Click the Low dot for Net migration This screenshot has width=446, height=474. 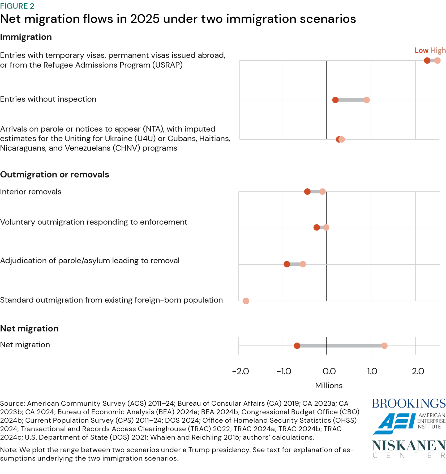click(297, 346)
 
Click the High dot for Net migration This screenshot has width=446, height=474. click(384, 346)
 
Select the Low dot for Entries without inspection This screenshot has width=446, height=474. click(335, 100)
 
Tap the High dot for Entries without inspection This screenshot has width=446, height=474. click(367, 100)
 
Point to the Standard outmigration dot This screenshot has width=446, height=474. click(246, 301)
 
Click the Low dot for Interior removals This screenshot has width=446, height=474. click(307, 192)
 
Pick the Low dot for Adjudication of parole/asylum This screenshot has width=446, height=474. click(287, 264)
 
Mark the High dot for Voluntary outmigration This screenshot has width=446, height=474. click(326, 227)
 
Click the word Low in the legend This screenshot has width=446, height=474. click(422, 50)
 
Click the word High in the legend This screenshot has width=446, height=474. click(438, 50)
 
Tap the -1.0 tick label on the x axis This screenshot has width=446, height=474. click(284, 371)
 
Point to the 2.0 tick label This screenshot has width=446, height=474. click(418, 371)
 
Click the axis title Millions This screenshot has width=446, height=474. click(329, 386)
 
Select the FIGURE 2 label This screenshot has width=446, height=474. click(17, 6)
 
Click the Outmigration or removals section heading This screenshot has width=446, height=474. click(54, 175)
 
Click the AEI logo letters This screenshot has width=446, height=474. click(394, 424)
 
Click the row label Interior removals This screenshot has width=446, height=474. click(31, 192)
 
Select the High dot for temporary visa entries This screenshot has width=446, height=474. click(438, 61)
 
